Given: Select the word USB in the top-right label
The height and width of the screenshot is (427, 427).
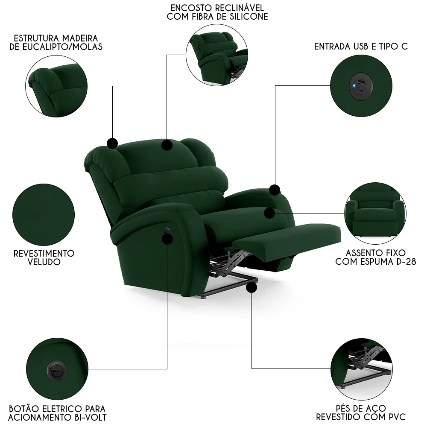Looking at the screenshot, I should coord(359,47).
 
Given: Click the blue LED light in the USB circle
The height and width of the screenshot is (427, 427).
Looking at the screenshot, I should coord(354,85).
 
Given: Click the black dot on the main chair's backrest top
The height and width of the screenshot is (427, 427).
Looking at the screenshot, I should coord(167,146).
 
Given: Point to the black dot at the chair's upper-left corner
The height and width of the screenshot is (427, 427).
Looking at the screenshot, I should coord(112,143).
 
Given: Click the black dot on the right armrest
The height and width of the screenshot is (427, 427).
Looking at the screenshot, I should coord(275,190).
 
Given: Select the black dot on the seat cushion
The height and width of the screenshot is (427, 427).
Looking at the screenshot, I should coord(269,213).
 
